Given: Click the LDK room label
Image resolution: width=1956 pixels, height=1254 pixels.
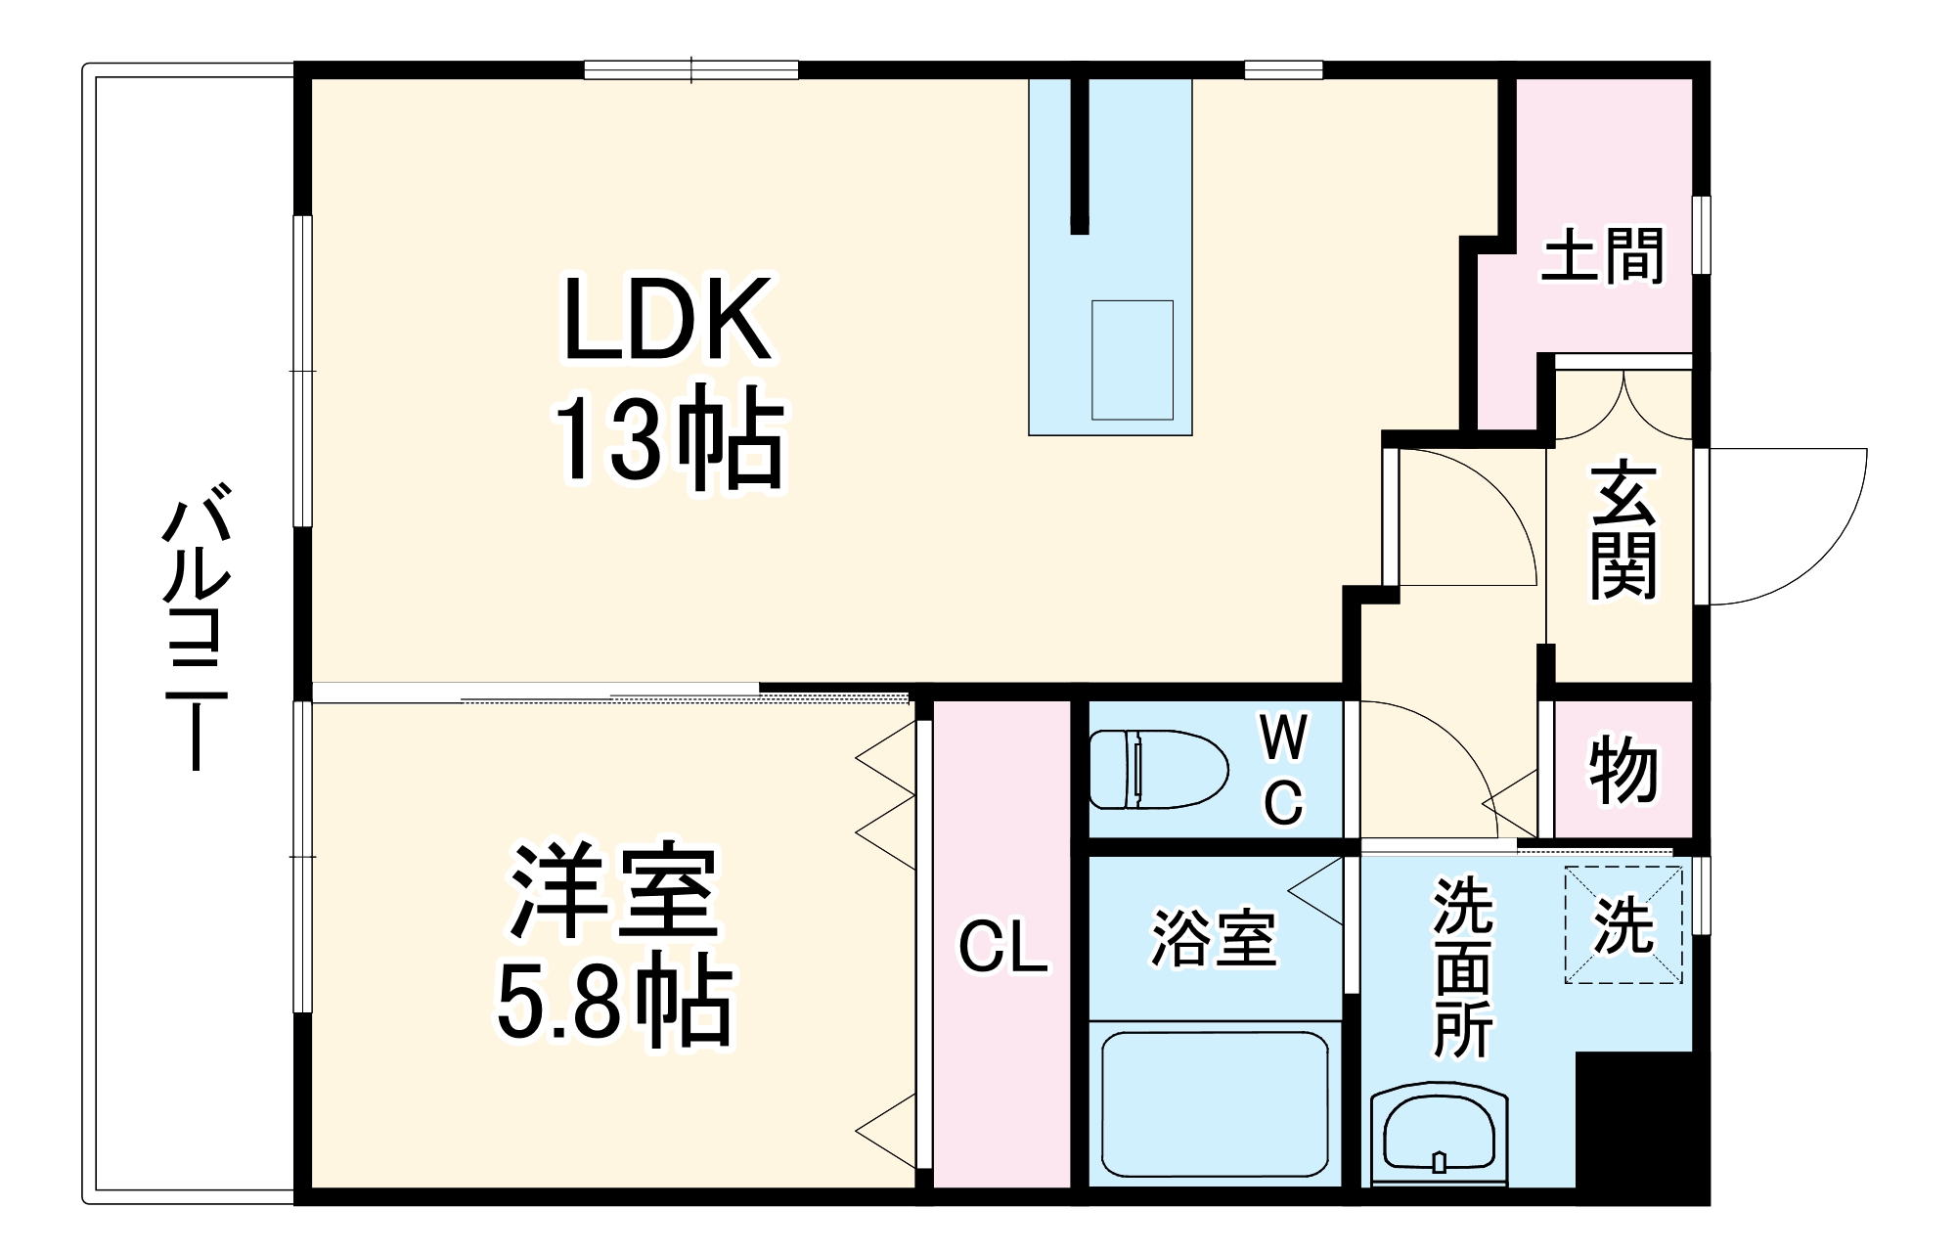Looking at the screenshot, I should [x=668, y=320].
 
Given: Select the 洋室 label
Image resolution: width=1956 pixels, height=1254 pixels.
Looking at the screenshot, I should [x=613, y=891].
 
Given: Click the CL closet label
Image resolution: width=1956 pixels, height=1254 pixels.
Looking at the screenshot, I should [x=1002, y=948].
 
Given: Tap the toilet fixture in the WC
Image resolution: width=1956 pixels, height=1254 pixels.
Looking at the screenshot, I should [x=1158, y=770].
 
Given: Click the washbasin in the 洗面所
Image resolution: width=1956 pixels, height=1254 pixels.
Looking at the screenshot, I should [x=1439, y=1135].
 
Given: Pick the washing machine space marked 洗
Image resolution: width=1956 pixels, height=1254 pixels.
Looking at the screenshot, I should [x=1623, y=925].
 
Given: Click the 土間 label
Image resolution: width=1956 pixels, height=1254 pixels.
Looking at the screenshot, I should [x=1602, y=255].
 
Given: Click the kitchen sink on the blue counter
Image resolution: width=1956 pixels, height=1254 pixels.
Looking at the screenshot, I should [x=1132, y=360].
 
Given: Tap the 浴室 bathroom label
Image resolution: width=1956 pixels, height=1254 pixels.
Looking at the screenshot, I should [x=1214, y=939].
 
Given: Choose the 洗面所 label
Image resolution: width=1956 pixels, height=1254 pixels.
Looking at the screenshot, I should [x=1463, y=967].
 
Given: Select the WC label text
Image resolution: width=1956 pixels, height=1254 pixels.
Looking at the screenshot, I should [x=1283, y=770].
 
